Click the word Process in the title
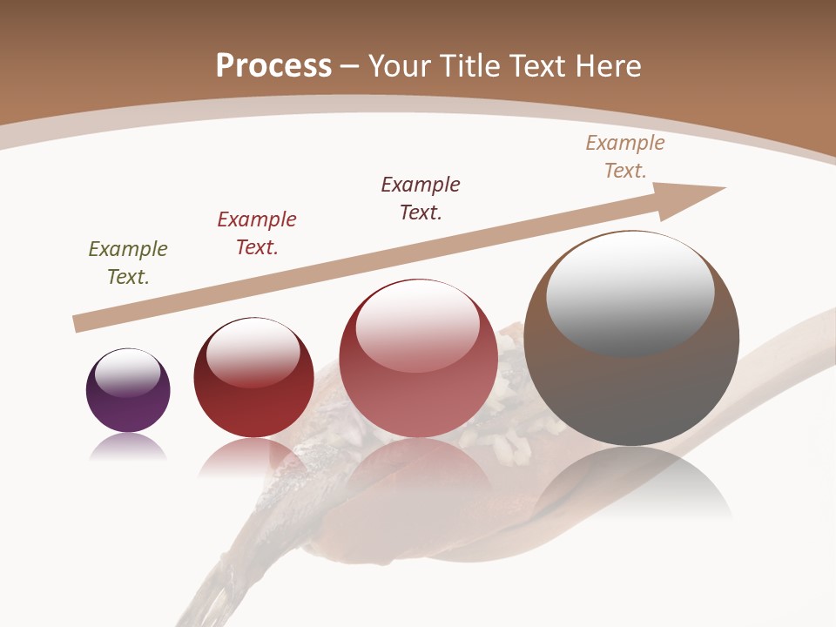(x=273, y=65)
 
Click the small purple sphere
(x=128, y=405)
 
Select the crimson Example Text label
(x=257, y=233)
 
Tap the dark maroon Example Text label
(x=421, y=199)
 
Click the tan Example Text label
(x=625, y=157)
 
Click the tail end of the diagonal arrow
(x=80, y=324)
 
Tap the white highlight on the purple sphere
(x=128, y=373)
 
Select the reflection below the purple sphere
(x=128, y=448)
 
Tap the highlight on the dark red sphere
(x=253, y=350)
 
